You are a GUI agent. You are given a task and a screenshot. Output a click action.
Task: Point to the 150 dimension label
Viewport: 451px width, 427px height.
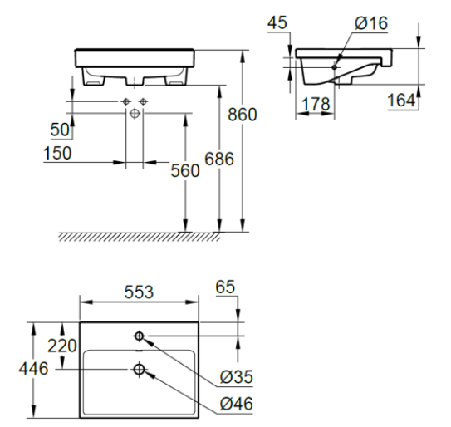point(56,154)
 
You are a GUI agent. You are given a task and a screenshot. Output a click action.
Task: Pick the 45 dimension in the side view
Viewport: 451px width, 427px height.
point(277,22)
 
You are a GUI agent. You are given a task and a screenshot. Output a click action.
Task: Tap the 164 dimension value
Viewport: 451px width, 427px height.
point(401,101)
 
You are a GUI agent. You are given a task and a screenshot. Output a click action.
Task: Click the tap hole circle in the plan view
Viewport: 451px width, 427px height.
point(139,336)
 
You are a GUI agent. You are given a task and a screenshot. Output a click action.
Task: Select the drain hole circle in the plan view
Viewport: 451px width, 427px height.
point(139,369)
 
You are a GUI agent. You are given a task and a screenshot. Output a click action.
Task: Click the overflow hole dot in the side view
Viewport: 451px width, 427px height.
point(336,66)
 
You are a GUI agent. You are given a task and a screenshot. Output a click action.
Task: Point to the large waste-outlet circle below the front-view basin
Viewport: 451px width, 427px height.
point(135,112)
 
